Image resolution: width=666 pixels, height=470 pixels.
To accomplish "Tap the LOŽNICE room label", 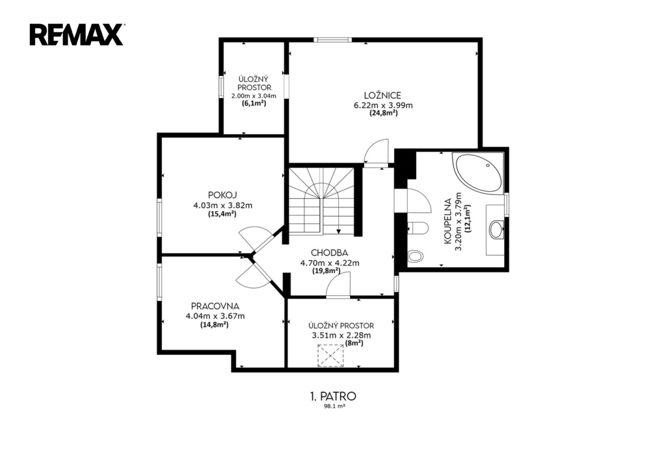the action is tap(382, 96).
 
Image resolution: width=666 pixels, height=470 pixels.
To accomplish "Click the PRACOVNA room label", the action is tap(215, 306).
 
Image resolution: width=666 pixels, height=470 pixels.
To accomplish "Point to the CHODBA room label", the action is tap(329, 253).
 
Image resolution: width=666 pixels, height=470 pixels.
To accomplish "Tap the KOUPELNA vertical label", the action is tap(447, 221).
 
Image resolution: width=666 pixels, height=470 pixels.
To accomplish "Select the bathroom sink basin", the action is tap(495, 229).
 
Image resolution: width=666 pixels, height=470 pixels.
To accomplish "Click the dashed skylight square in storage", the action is tap(330, 356).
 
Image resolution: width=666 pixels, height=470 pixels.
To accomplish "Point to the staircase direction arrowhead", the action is tap(338, 232).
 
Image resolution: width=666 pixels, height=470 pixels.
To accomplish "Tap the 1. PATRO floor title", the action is tap(333, 397).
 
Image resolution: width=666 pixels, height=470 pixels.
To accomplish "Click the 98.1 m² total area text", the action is tap(333, 406).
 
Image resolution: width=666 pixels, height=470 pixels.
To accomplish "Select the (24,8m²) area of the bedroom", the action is tap(383, 113).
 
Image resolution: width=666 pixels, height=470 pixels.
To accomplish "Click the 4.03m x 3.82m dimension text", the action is tap(222, 205).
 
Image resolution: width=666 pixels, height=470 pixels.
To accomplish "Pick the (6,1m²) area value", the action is tap(254, 103).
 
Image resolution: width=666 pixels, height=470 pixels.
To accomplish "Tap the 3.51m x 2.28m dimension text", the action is tap(341, 335).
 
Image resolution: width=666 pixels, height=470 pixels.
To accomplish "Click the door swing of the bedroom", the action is tap(377, 151).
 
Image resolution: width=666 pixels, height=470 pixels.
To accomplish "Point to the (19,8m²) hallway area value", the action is tap(326, 270).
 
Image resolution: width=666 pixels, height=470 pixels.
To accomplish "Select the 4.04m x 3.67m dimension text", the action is tap(215, 317).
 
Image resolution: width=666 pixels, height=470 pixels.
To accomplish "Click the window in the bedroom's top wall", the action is tap(333, 40).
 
